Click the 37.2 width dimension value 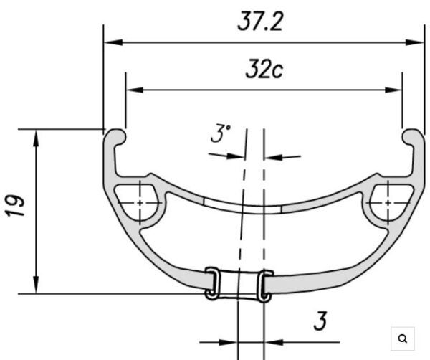click(x=259, y=22)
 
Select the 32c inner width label click(x=264, y=69)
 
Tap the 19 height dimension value click(x=15, y=206)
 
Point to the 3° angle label click(x=221, y=133)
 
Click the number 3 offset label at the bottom click(x=320, y=321)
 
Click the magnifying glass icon click(x=402, y=338)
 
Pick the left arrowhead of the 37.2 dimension click(x=113, y=42)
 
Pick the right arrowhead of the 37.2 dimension click(x=415, y=42)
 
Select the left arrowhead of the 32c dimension click(x=135, y=90)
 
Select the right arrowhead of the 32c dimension click(x=393, y=90)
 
